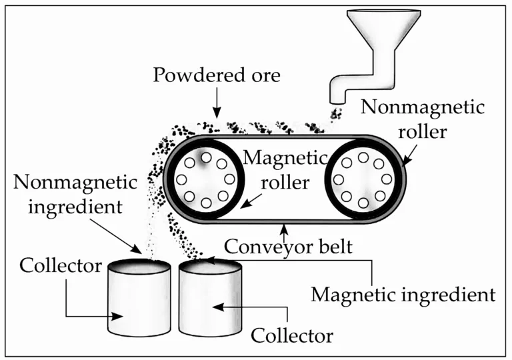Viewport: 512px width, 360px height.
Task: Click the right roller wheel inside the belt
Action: tap(363, 179)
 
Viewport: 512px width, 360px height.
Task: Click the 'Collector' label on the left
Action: tap(61, 266)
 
